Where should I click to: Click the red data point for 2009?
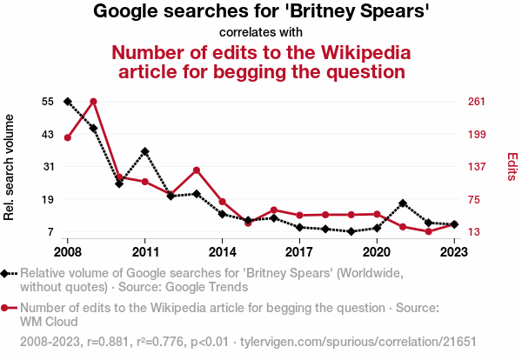93,102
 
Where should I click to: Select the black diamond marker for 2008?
68,102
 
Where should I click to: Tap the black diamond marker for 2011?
145,151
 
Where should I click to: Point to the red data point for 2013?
197,170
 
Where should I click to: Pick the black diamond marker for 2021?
403,203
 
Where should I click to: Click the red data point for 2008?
68,137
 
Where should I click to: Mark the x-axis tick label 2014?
223,252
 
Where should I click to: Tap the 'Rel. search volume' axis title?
10,167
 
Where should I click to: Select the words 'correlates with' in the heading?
261,33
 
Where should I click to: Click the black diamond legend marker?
7,273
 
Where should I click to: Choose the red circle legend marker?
7,308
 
